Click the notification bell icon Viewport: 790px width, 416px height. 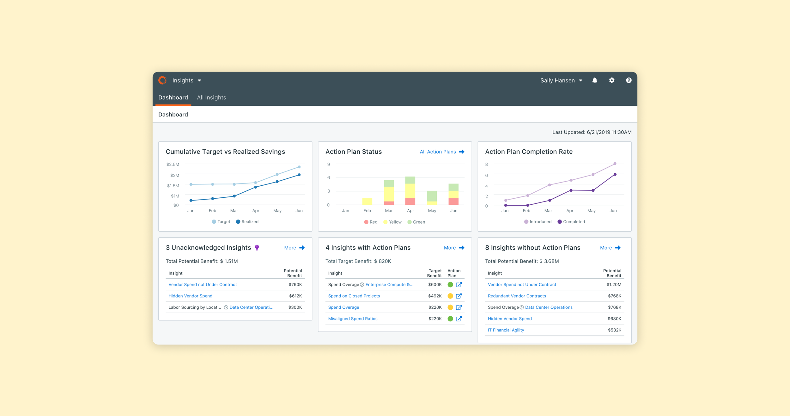595,80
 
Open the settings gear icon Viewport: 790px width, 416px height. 612,80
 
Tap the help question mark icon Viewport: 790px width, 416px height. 629,80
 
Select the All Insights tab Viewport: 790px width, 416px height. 211,97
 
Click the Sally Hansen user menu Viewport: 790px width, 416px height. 561,80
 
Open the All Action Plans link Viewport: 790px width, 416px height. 442,152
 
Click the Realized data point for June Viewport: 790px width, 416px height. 299,175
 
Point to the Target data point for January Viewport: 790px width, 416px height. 191,184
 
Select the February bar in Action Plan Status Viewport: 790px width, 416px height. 367,201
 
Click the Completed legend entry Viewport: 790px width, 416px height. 571,222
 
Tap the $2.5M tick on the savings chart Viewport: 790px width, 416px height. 173,165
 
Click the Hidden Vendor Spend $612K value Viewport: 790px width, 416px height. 295,296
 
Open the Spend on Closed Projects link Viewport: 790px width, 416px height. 354,296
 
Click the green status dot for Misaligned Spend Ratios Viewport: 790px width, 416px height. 450,319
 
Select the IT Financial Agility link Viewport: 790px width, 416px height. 506,330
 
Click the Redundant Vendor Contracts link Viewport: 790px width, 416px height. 517,296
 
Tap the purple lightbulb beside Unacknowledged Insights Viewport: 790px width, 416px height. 257,248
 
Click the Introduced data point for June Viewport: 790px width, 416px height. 615,164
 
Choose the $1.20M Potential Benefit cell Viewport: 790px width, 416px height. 614,285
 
